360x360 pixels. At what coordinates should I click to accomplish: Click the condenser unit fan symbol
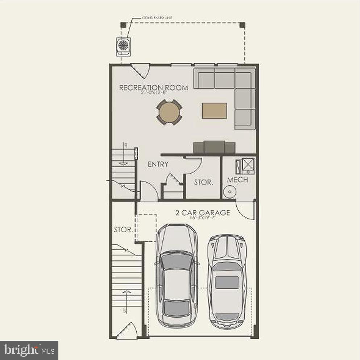[x=123, y=45]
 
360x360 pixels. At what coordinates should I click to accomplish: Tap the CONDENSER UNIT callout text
[x=157, y=18]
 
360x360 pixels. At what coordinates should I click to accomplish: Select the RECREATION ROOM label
[x=154, y=87]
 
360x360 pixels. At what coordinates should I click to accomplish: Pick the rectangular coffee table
[x=214, y=110]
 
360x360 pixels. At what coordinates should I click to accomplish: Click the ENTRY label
[x=158, y=164]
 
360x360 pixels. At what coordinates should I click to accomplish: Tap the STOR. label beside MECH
[x=203, y=182]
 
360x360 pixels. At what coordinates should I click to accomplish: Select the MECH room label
[x=237, y=180]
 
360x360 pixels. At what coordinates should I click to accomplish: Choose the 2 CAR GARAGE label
[x=203, y=213]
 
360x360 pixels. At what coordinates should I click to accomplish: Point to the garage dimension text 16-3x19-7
[x=203, y=218]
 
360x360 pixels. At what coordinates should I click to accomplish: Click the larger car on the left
[x=177, y=275]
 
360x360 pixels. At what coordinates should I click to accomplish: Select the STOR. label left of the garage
[x=123, y=229]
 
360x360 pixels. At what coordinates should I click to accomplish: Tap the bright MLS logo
[x=29, y=350]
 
